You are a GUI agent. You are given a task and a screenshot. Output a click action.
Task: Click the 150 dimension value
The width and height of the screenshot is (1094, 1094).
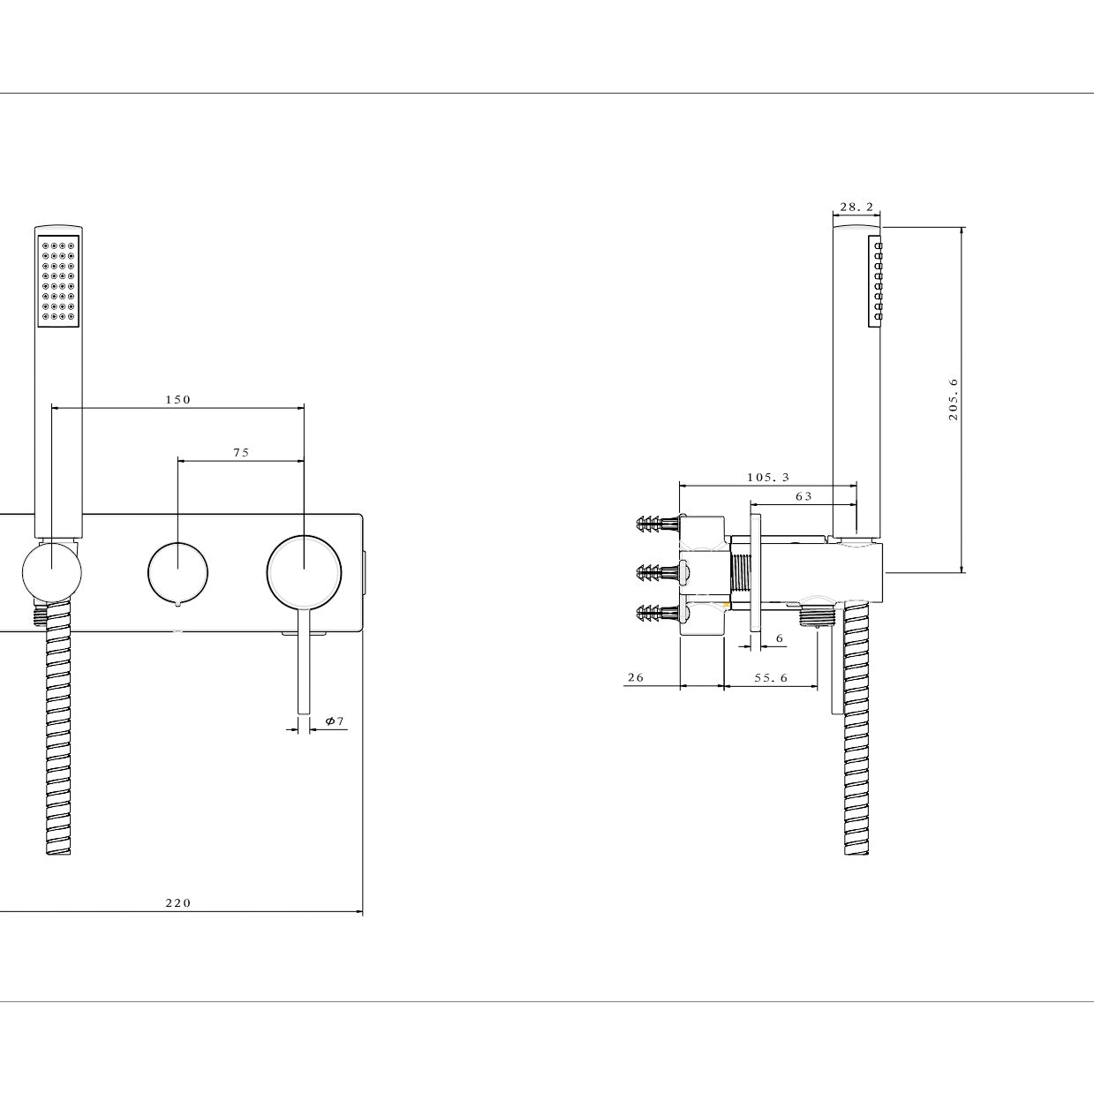178,400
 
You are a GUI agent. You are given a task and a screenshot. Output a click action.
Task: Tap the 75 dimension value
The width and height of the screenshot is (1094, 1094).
241,452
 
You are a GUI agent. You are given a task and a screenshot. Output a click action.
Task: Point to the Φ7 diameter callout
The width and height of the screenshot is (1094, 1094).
335,721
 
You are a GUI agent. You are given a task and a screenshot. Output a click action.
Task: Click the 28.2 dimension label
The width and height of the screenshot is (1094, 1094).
856,207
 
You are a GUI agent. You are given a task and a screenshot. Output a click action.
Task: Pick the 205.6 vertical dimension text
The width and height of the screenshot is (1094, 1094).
953,399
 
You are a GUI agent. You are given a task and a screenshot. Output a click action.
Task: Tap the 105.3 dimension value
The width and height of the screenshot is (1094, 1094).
768,478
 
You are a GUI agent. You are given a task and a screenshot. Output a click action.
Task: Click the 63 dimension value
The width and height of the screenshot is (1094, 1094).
804,496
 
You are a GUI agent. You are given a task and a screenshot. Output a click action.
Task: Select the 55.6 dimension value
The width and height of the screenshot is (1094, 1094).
771,678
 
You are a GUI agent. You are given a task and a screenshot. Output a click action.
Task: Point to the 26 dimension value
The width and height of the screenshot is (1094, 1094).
636,677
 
